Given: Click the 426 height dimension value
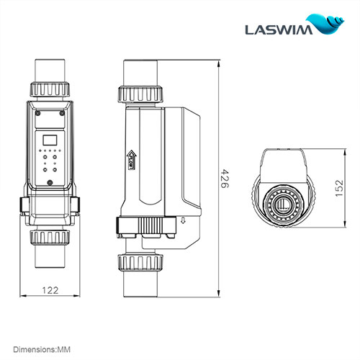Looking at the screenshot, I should (x=224, y=176).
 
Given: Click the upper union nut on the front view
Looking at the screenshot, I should (x=49, y=91).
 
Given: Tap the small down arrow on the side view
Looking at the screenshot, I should (x=182, y=222).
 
